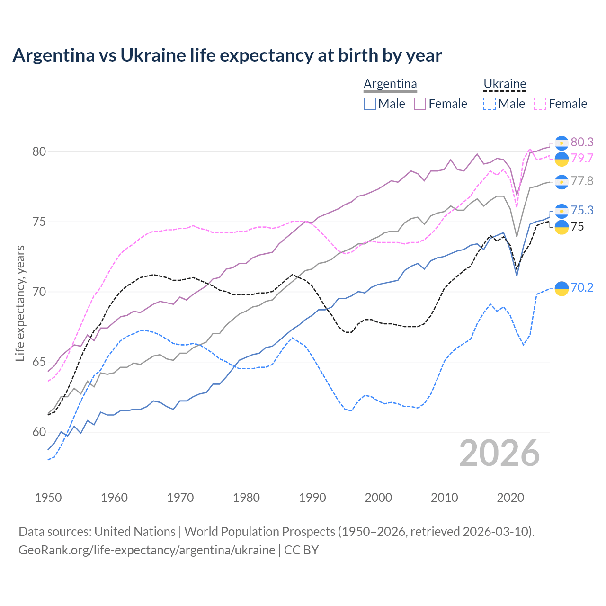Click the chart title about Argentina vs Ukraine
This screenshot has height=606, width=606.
(227, 55)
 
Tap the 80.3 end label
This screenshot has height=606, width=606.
(582, 142)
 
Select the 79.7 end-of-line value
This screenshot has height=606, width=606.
(582, 158)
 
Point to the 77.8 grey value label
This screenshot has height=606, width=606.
(582, 181)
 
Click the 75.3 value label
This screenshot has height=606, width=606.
(582, 210)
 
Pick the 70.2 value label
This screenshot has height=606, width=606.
(582, 287)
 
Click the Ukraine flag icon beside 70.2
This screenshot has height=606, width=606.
(561, 288)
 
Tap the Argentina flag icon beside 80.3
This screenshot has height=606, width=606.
(561, 143)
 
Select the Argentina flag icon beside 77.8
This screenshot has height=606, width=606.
(561, 182)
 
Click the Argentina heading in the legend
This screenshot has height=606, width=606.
(390, 84)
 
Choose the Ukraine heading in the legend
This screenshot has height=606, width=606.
(505, 84)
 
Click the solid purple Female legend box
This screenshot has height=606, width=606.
(420, 104)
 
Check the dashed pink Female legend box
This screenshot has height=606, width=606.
(540, 104)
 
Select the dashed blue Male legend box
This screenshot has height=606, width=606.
(490, 104)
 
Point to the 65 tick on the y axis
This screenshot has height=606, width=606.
(39, 362)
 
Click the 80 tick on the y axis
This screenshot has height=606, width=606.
(39, 152)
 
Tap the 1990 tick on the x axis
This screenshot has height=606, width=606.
(312, 498)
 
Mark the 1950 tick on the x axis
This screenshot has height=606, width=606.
(48, 498)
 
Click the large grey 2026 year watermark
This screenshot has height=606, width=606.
(499, 453)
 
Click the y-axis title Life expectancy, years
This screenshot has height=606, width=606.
(20, 303)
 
